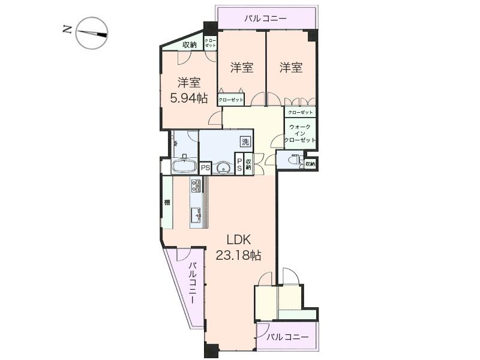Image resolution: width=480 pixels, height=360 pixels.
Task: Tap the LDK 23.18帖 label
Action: pos(243,247)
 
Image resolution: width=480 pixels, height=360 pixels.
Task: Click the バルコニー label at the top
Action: pos(265,19)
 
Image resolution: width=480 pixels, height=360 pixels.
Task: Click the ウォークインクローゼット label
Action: pos(299,134)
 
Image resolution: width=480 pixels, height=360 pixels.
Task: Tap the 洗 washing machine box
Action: pos(245,142)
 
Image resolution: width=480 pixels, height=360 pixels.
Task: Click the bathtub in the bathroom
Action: pos(184,166)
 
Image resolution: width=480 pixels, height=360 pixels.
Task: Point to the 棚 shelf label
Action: pos(167,203)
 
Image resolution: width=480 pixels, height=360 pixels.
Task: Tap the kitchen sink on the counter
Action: pos(196,214)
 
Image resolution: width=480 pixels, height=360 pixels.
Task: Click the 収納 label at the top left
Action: pos(190,44)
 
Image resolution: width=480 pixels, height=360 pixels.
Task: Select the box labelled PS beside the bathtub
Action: pos(206,168)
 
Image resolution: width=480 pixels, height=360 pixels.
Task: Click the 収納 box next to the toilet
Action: pos(310,163)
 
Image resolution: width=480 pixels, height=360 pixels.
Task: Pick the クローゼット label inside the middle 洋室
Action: pos(231,99)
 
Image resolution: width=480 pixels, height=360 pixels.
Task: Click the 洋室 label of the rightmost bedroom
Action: pos(290,68)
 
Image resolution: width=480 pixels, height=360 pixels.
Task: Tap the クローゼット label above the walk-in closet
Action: pos(300,112)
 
